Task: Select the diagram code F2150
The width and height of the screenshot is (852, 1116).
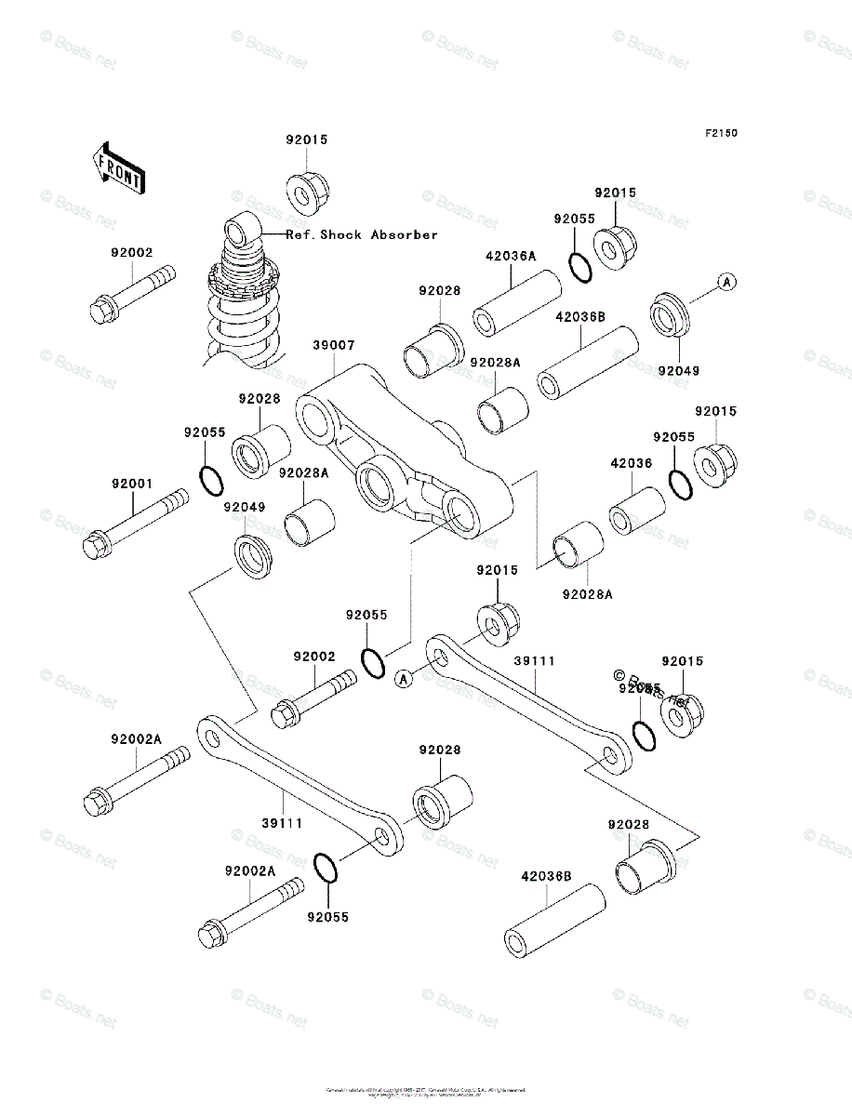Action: click(x=720, y=134)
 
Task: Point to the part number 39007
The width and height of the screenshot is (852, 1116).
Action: click(x=332, y=345)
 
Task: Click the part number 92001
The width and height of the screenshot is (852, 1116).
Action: click(x=132, y=485)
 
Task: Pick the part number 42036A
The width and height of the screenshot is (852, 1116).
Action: click(x=510, y=256)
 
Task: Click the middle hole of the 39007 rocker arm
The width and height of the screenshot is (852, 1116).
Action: click(x=377, y=484)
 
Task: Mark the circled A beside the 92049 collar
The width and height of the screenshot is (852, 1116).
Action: click(x=726, y=281)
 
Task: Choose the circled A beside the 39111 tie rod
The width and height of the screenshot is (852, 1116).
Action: click(x=402, y=678)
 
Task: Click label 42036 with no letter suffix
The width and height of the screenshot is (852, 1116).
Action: click(x=631, y=462)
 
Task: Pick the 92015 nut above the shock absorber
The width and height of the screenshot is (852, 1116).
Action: click(x=307, y=193)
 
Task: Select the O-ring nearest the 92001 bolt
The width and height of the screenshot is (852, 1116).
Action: click(x=211, y=481)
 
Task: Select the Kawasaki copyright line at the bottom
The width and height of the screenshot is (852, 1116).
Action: click(x=426, y=1089)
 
